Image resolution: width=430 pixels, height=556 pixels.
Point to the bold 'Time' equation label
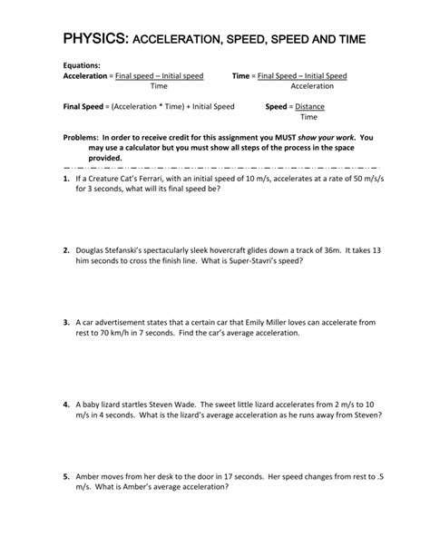[241, 76]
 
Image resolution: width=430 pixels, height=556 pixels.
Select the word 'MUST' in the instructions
[287, 137]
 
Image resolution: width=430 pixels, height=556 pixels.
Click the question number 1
[66, 180]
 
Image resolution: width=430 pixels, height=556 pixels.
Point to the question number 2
[66, 249]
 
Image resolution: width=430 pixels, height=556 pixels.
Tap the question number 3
[66, 321]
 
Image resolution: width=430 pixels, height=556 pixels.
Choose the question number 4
[66, 403]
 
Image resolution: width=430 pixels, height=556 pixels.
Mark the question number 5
[66, 474]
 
